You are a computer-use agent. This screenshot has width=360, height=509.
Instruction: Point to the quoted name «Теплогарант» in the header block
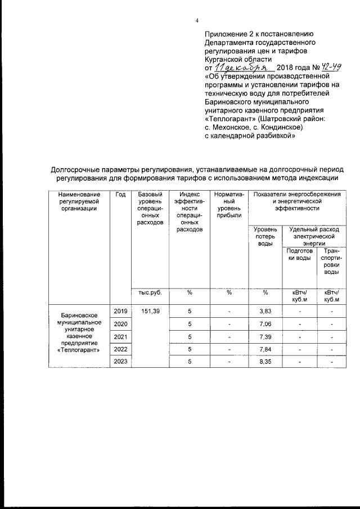coord(231,119)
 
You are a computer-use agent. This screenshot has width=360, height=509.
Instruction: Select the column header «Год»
coord(120,195)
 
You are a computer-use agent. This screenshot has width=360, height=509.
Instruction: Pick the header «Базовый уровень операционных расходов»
coord(150,209)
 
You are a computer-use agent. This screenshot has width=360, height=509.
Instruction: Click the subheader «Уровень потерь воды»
coord(265,236)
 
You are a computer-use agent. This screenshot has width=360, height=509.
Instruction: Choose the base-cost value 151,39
coord(150,310)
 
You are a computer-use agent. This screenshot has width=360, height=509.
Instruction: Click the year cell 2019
coord(120,310)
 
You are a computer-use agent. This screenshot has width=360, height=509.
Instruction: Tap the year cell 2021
coord(120,336)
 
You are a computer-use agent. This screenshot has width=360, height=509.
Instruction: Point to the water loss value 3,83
coord(265,311)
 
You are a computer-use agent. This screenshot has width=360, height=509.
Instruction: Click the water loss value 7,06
coord(265,324)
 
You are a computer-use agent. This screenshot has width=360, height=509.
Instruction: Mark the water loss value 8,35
coord(265,362)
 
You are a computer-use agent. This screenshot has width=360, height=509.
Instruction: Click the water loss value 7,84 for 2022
coord(265,349)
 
